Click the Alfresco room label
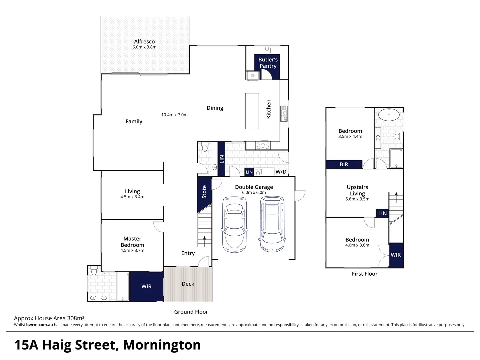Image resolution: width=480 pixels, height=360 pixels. [144, 42]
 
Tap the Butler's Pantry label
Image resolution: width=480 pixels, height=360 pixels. [268, 63]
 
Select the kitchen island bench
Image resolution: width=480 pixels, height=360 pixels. [252, 111]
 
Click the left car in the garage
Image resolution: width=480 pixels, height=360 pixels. [234, 225]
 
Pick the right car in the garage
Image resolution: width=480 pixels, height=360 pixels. [272, 224]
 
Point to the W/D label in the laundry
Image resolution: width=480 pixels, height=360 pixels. [281, 172]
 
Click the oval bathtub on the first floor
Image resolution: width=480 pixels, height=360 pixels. [389, 115]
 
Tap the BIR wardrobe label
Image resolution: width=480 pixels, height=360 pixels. [344, 164]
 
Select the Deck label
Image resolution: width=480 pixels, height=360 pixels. [188, 284]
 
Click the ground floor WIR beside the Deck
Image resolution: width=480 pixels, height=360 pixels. [146, 286]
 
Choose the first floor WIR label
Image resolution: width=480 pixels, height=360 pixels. [396, 255]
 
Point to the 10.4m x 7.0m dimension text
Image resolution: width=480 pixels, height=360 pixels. [174, 115]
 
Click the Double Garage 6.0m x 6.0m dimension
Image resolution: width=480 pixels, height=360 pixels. [254, 193]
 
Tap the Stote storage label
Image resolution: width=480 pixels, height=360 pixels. [204, 192]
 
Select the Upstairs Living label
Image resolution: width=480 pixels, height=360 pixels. [357, 190]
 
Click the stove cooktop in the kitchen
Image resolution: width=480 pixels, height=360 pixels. [263, 145]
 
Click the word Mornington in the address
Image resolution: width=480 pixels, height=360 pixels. [162, 345]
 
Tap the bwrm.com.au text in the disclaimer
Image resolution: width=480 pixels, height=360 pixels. [39, 325]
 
